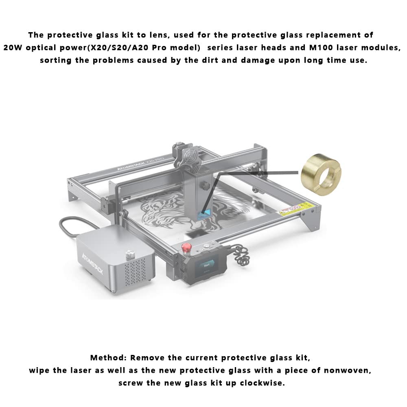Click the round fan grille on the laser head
tap(191, 157)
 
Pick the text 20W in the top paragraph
tap(13, 48)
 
